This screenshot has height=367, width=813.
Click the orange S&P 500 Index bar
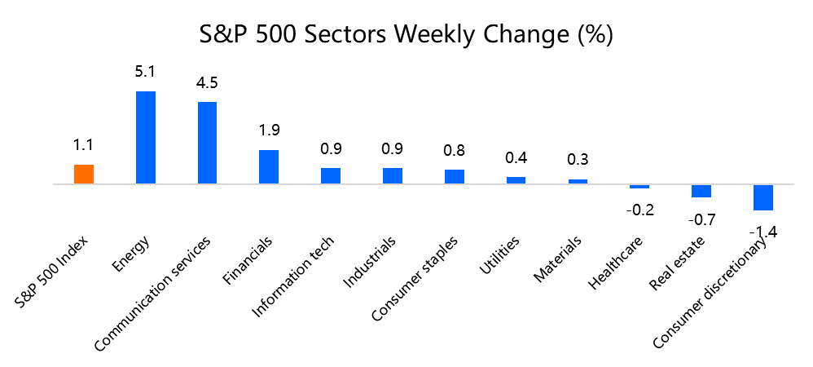tap(84, 174)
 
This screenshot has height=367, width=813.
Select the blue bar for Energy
tap(146, 138)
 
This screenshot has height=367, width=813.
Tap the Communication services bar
tap(208, 143)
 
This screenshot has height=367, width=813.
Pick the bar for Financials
tap(269, 166)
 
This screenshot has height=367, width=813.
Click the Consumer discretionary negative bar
tap(763, 197)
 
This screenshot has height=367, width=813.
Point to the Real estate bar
tap(701, 191)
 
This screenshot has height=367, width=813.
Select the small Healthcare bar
tap(639, 187)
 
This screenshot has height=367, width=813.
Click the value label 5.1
tap(145, 72)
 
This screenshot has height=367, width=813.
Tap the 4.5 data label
tap(207, 82)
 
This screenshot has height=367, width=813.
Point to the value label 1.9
tap(269, 130)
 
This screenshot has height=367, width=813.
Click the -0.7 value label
tap(701, 219)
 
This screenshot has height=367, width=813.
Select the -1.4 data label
tap(763, 232)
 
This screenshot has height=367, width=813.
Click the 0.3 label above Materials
tap(578, 159)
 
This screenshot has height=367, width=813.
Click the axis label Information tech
tap(293, 277)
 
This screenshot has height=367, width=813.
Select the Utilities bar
tap(516, 180)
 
